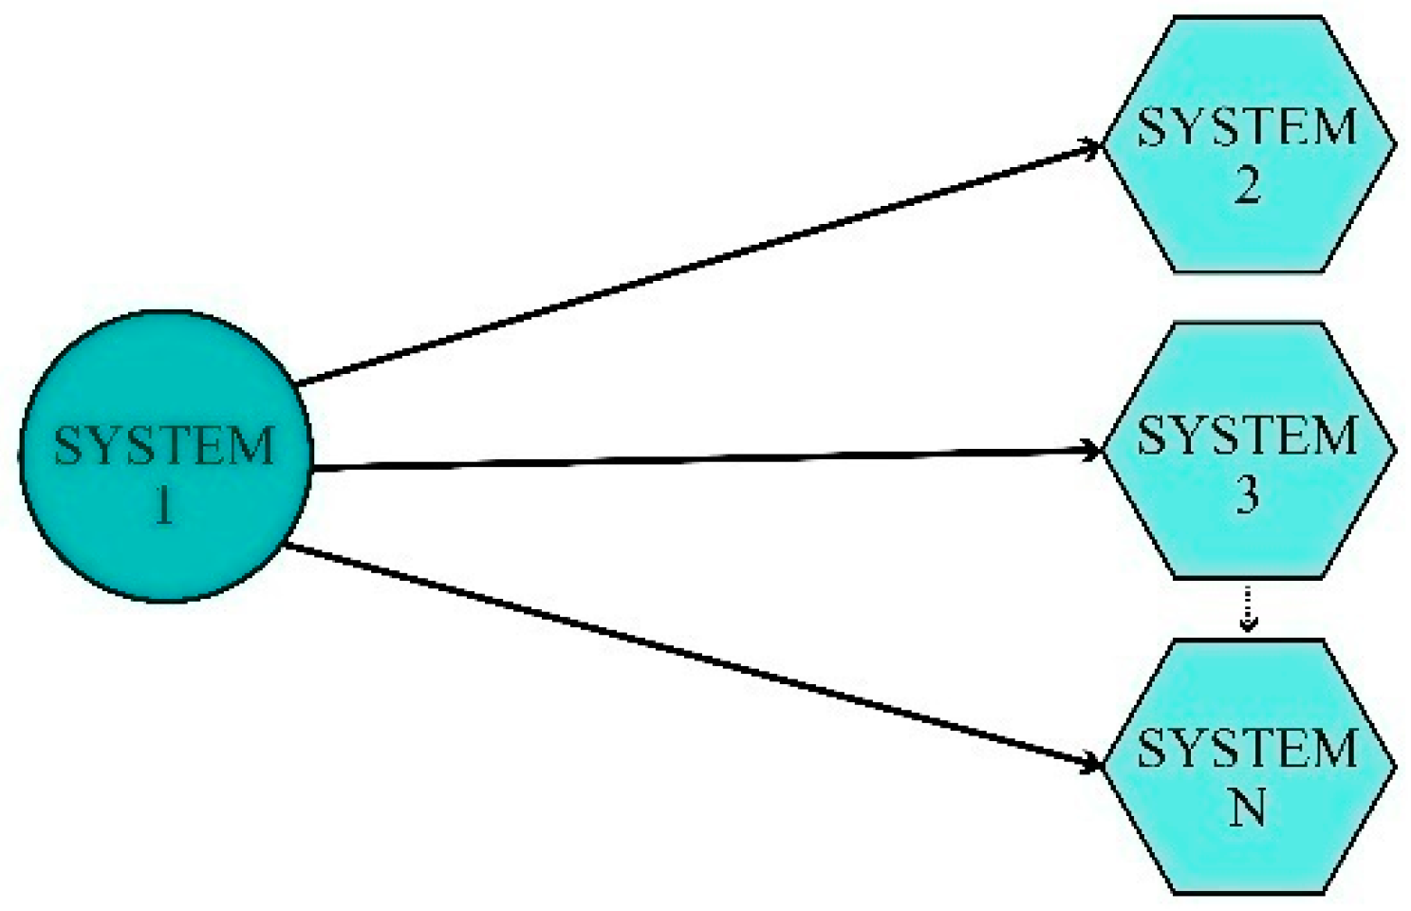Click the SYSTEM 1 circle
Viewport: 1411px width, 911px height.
pyautogui.click(x=165, y=455)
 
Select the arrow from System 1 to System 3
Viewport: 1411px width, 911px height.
pyautogui.click(x=702, y=460)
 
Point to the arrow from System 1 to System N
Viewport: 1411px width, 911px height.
pyautogui.click(x=693, y=655)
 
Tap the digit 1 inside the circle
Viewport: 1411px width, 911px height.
pyautogui.click(x=164, y=503)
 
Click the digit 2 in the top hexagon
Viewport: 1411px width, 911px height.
pyautogui.click(x=1248, y=185)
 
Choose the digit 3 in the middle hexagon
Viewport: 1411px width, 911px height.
pyautogui.click(x=1248, y=493)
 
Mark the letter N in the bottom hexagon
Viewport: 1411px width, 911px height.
pyautogui.click(x=1248, y=808)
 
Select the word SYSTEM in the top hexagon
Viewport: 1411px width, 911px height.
pyautogui.click(x=1248, y=127)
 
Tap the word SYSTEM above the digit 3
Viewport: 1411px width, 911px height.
pyautogui.click(x=1248, y=436)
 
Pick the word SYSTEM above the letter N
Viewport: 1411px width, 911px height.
pyautogui.click(x=1248, y=749)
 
